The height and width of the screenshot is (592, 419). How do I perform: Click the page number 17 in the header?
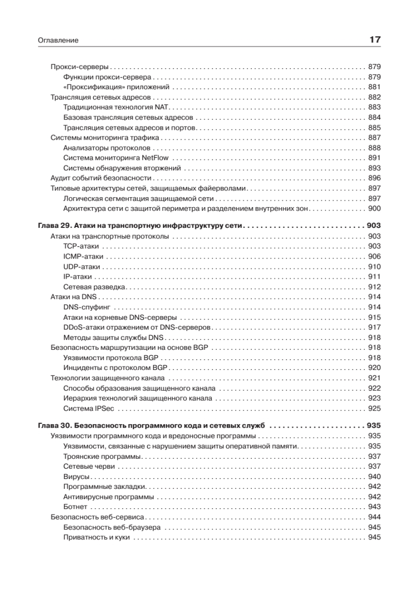pos(375,40)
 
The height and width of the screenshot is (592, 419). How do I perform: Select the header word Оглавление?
pos(58,40)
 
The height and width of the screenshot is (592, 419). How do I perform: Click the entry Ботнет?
pos(76,507)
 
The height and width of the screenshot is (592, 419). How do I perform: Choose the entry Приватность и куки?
pos(97,537)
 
